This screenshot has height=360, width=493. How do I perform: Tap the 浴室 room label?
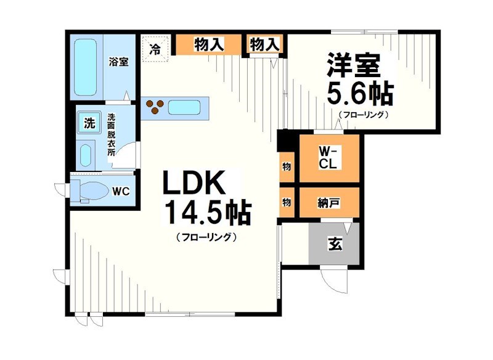click(118, 62)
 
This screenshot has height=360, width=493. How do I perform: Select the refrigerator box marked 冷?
click(157, 48)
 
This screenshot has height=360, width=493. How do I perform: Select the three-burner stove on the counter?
click(154, 108)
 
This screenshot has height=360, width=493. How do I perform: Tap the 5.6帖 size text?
click(359, 94)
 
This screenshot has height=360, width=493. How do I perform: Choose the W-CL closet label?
click(328, 158)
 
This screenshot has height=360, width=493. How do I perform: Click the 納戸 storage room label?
click(328, 201)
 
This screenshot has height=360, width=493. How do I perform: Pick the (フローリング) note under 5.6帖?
click(363, 115)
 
